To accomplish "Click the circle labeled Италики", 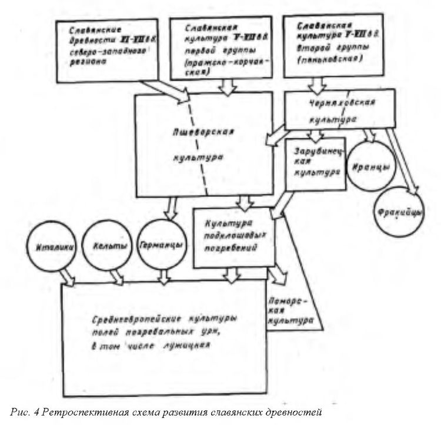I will tap(49, 247).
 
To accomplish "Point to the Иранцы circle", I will tap(369, 167).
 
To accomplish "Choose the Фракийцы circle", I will tap(397, 212).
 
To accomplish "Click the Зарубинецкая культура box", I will tap(315, 164).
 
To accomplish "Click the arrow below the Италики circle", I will tap(68, 276).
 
